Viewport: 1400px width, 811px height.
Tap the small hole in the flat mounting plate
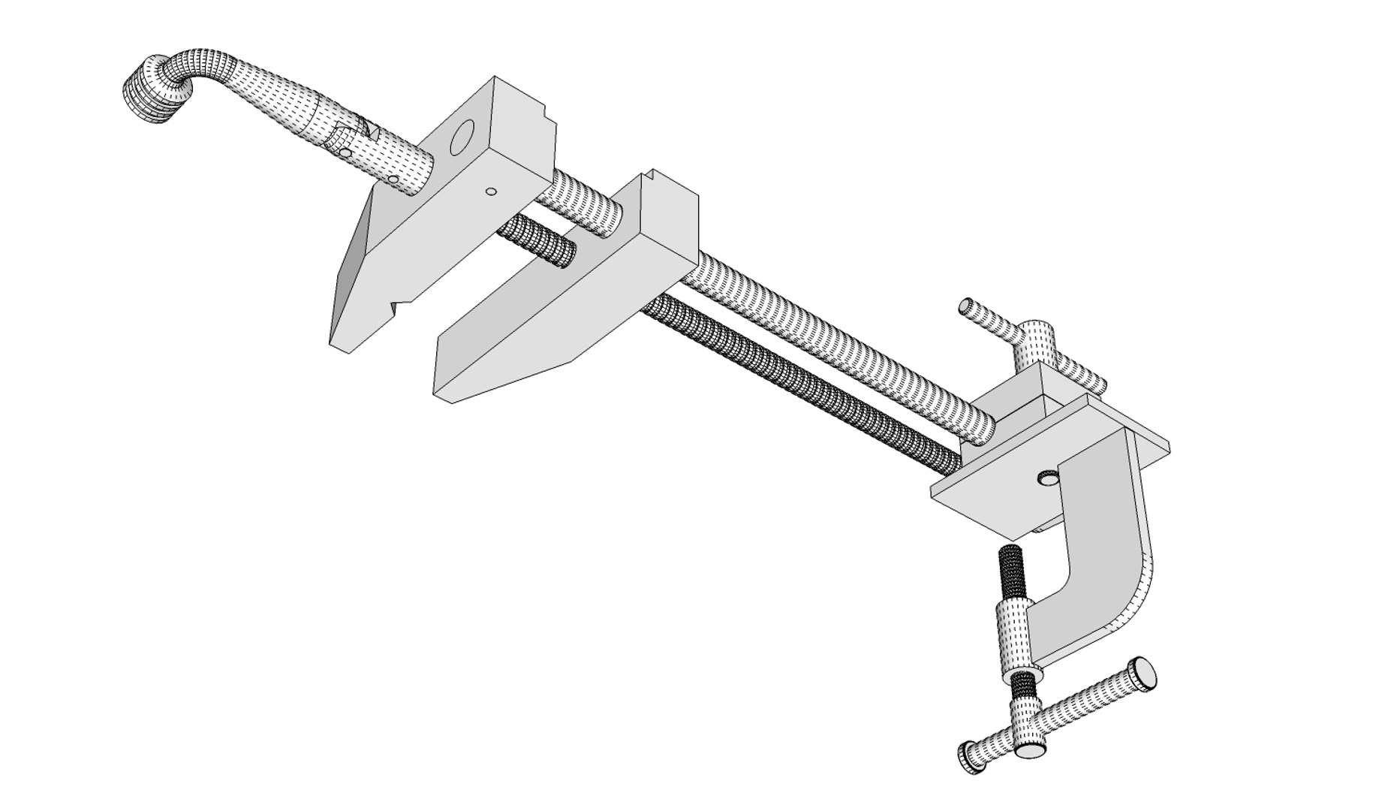tap(1045, 477)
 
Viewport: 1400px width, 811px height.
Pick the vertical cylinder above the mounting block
tap(1036, 342)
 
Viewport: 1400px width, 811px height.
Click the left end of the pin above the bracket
tap(967, 306)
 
